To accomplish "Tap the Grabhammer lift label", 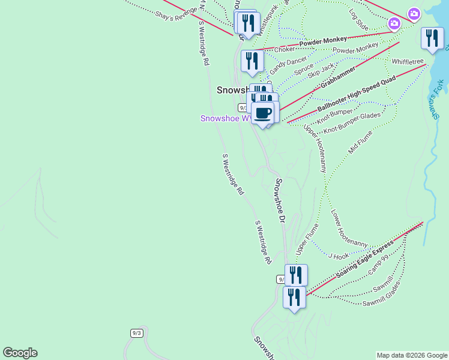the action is click(338, 77).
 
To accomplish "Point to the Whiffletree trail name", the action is click(408, 62).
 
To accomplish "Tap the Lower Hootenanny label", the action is click(349, 229).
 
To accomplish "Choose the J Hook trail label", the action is click(339, 256).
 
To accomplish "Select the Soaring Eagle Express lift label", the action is click(365, 259).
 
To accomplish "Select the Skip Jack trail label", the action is click(321, 71).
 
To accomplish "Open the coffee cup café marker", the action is click(263, 113).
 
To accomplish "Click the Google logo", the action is click(20, 353).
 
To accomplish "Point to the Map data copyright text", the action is click(411, 355).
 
